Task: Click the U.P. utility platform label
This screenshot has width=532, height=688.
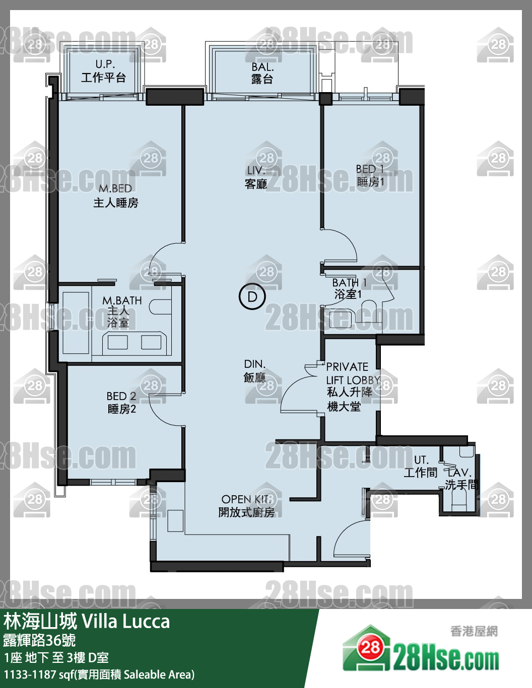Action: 104,71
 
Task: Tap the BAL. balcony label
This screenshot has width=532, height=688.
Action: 262,73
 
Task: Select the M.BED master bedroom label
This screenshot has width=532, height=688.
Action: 115,196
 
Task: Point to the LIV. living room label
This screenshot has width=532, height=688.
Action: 256,177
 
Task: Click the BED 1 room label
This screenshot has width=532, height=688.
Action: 370,175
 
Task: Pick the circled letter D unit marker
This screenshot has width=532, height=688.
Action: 252,296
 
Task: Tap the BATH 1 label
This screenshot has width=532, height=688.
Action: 349,288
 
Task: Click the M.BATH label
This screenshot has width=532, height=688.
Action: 121,311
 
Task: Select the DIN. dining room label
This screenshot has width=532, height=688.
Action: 254,370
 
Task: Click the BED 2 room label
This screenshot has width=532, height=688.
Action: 121,403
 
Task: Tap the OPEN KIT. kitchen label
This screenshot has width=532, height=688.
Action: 246,506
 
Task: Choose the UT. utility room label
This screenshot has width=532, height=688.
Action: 421,466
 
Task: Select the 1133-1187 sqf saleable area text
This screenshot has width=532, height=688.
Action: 99,674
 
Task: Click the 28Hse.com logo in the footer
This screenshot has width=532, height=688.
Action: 421,650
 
